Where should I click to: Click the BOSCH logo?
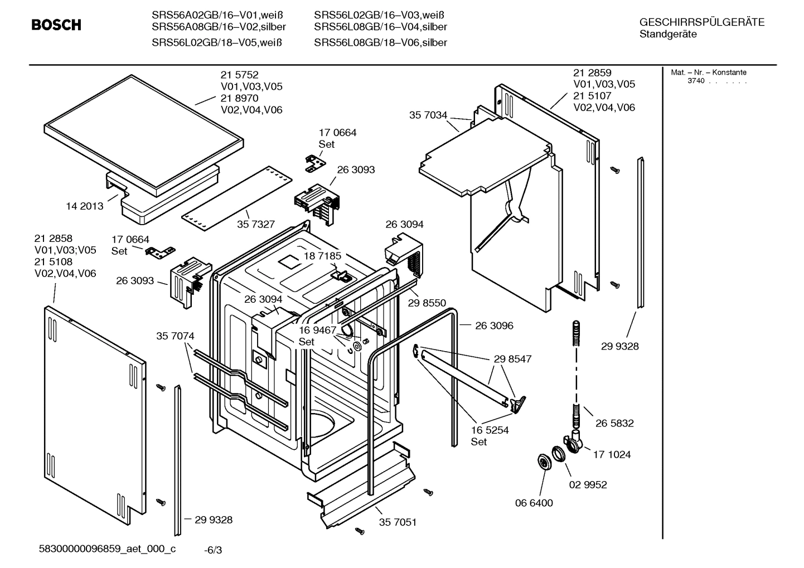click(56, 25)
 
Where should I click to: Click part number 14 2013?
click(85, 206)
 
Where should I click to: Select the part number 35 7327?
click(256, 224)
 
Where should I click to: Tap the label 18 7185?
click(322, 256)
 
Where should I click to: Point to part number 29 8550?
click(427, 303)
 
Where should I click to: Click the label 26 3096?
click(494, 326)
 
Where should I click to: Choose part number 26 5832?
click(614, 423)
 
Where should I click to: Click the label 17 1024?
click(612, 454)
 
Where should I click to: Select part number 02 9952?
click(588, 484)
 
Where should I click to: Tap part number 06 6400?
click(534, 503)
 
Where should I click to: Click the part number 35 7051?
click(398, 522)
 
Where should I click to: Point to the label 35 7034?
click(428, 115)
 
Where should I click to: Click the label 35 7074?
click(175, 336)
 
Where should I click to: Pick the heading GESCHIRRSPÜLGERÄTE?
click(701, 22)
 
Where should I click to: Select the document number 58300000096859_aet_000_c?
click(107, 549)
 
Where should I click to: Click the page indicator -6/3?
click(213, 551)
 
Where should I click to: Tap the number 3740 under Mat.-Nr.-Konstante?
click(695, 81)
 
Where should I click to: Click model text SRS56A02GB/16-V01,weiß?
click(219, 15)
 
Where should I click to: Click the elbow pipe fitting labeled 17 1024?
click(574, 443)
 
